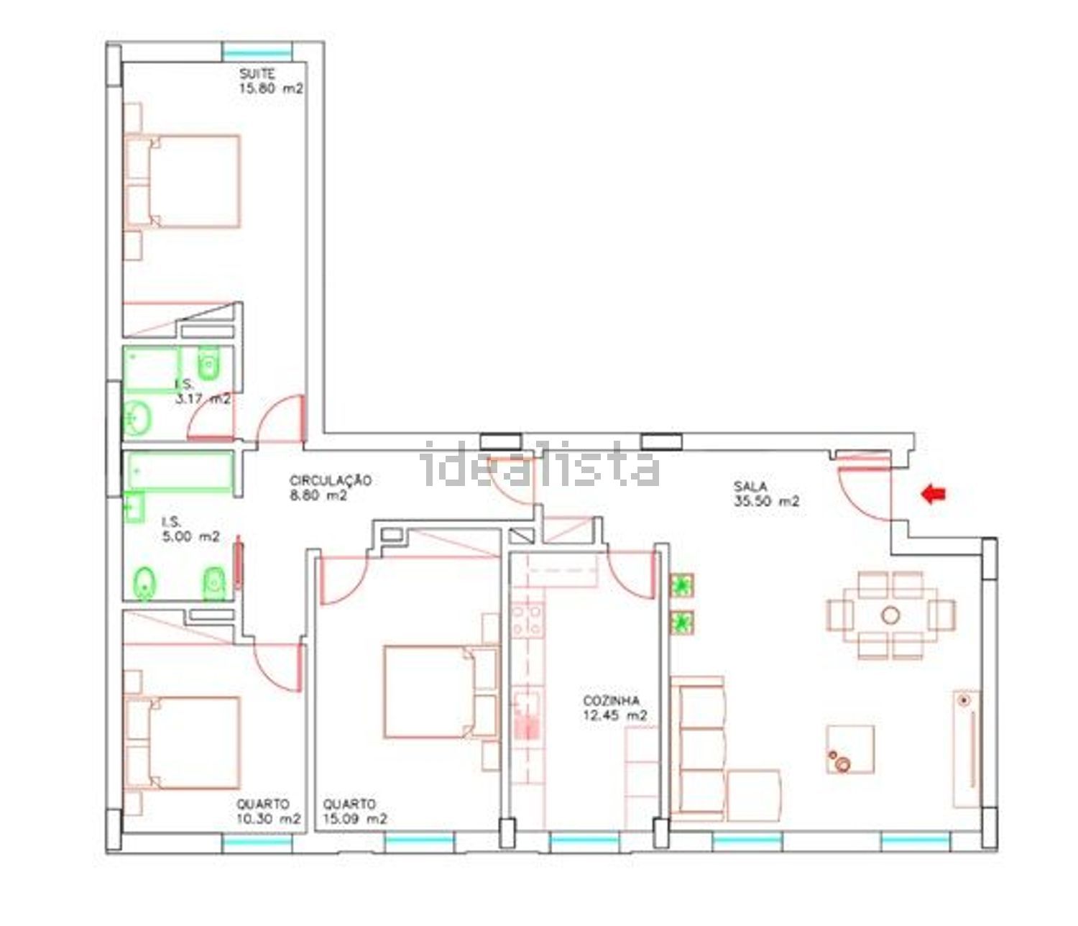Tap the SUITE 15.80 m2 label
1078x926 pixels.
[271, 81]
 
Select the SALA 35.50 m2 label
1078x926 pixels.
[766, 493]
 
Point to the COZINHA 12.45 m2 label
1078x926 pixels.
[615, 708]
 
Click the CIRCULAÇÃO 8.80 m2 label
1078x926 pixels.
[331, 487]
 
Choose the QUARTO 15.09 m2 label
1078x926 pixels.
[354, 811]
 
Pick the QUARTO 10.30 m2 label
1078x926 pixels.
[269, 811]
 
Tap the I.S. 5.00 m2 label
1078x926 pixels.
[191, 529]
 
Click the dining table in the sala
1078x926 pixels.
[890, 615]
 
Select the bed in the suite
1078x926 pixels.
[183, 181]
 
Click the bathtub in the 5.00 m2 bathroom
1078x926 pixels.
[179, 472]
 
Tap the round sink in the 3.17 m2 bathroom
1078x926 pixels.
[137, 418]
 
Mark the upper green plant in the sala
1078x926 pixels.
[681, 585]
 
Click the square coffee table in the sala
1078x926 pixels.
[850, 749]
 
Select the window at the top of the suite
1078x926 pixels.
[257, 52]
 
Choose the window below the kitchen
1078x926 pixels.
[585, 840]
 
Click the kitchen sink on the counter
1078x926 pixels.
[527, 714]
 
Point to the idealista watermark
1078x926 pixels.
[541, 464]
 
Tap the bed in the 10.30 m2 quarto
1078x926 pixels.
[183, 743]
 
